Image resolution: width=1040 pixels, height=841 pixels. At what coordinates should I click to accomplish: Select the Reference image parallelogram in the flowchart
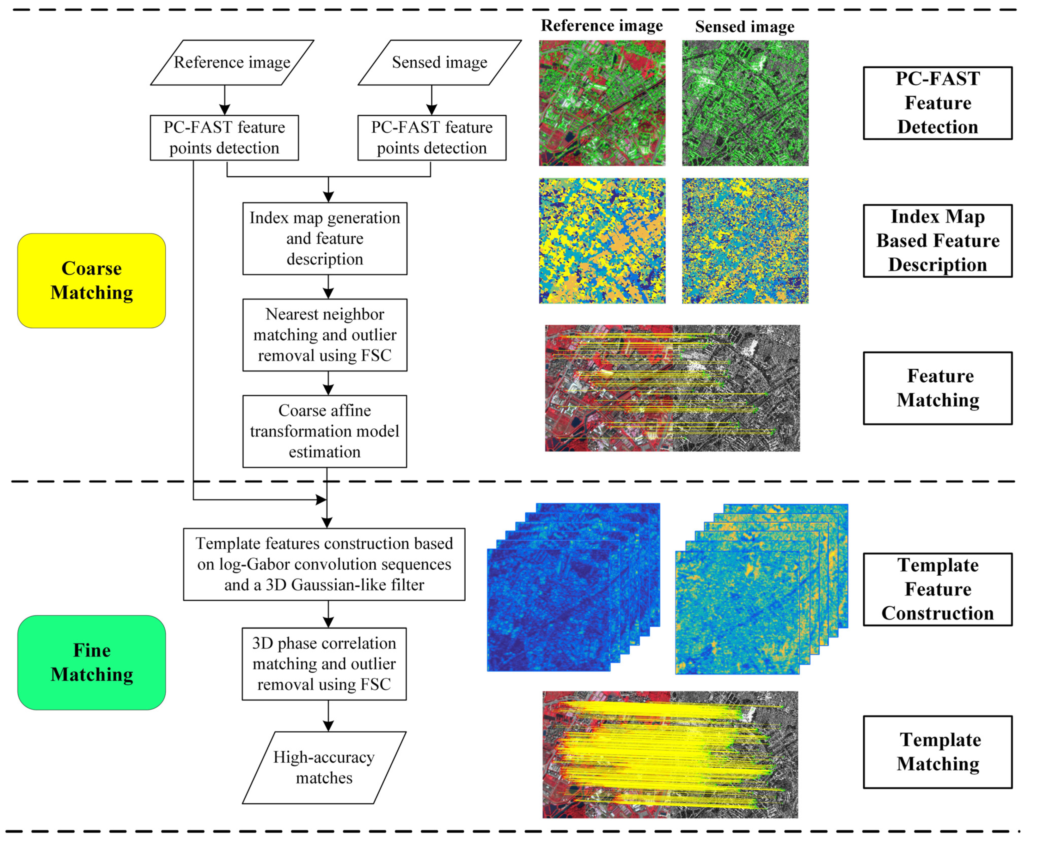(x=232, y=63)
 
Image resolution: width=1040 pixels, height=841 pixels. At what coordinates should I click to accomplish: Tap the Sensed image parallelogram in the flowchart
(x=440, y=63)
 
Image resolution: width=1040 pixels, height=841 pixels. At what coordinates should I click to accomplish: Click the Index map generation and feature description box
(x=325, y=238)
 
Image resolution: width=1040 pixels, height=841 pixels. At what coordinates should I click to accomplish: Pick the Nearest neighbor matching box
(x=325, y=335)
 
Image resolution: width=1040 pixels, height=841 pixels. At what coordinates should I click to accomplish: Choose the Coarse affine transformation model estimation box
(x=325, y=431)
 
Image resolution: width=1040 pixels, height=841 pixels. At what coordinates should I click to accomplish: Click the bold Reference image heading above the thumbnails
(x=602, y=26)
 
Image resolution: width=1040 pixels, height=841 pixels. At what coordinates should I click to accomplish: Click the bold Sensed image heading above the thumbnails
(x=744, y=27)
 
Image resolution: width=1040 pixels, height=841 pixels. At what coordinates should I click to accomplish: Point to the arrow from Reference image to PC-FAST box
(x=224, y=100)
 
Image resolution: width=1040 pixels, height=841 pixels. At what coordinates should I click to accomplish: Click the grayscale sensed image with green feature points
(x=745, y=103)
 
